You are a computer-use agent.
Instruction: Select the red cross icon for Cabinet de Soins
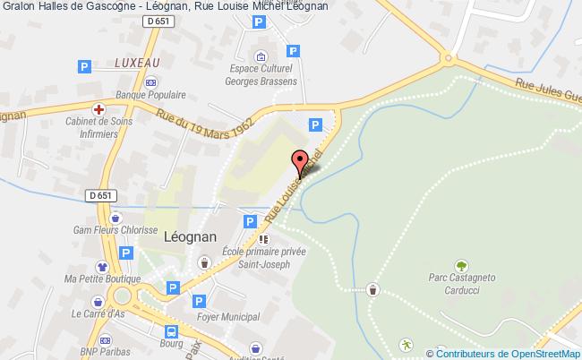click(x=102, y=107)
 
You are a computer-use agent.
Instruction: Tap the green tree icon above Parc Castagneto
click(x=460, y=266)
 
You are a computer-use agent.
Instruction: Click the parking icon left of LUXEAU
click(x=86, y=66)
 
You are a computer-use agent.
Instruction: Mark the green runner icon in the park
click(x=406, y=345)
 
